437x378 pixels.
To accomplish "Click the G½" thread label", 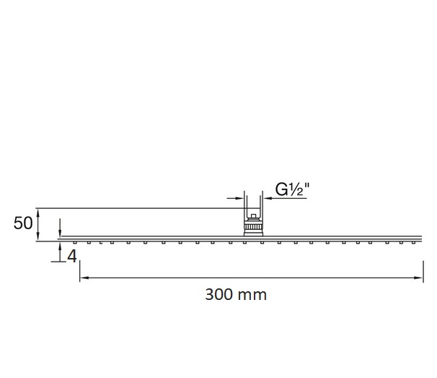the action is click(x=292, y=189).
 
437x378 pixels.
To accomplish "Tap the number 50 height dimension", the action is click(x=23, y=223).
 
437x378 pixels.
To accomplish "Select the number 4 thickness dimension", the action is click(x=72, y=256).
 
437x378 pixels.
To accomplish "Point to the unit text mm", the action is click(x=253, y=296).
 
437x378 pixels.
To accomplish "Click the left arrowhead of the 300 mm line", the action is click(x=84, y=278).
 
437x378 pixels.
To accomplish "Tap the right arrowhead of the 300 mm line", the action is click(x=418, y=278).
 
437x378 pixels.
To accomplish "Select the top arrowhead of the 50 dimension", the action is click(x=38, y=212).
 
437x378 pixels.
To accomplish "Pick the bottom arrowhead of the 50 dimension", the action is click(x=38, y=236).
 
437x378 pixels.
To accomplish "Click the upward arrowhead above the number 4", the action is click(x=60, y=246).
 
